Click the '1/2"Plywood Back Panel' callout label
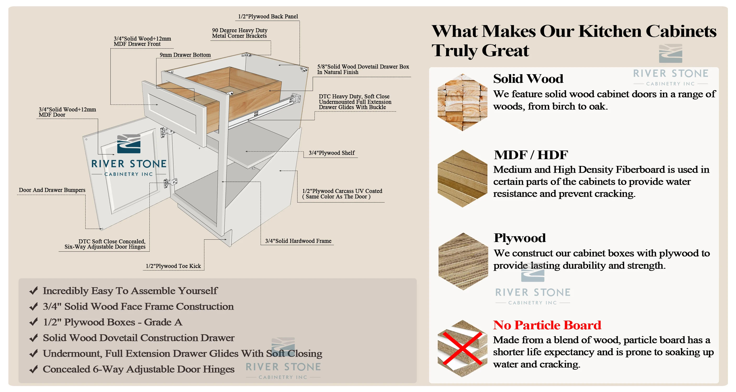268,16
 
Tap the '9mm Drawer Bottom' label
185,55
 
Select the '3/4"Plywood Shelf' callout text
332,153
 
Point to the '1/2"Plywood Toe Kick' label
173,266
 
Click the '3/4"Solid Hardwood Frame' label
298,241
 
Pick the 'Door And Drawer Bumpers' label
52,190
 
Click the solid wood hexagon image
462,102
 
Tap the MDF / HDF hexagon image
462,178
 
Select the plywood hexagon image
463,261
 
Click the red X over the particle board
462,348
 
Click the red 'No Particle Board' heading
547,325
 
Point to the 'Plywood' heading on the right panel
519,238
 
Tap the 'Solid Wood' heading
528,79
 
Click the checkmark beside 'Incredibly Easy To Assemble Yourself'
34,291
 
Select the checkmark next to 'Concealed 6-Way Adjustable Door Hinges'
34,369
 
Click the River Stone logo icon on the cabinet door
129,144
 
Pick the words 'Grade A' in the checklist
163,322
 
